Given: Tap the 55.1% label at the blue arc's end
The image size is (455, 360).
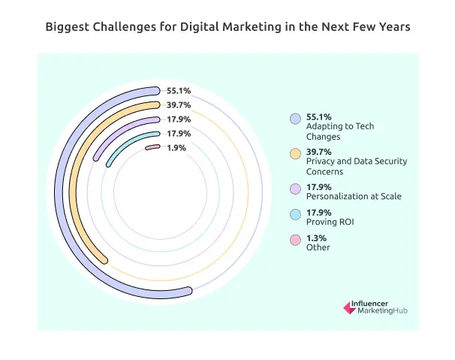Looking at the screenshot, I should point(179,90).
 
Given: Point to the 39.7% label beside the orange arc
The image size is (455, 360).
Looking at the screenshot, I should point(179,104).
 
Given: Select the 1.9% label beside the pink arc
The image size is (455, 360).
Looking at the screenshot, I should point(176,147).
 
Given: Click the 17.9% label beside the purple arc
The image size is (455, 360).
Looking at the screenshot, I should point(179,119).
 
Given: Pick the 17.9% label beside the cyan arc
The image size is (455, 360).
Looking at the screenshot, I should point(179,133).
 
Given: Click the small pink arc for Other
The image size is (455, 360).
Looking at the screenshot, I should point(152,147).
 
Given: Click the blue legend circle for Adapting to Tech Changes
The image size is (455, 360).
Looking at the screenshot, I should point(295,119).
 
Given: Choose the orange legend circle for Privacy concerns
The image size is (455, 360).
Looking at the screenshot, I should point(295,153).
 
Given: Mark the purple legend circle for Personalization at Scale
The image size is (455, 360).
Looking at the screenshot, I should point(295,188).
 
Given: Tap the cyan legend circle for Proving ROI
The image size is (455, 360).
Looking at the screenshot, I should point(295,213).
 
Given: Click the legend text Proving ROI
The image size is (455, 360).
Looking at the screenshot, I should point(332,222).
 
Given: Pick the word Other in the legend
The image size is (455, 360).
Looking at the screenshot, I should point(318,247).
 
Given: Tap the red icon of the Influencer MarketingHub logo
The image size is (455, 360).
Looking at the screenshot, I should point(348,307).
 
